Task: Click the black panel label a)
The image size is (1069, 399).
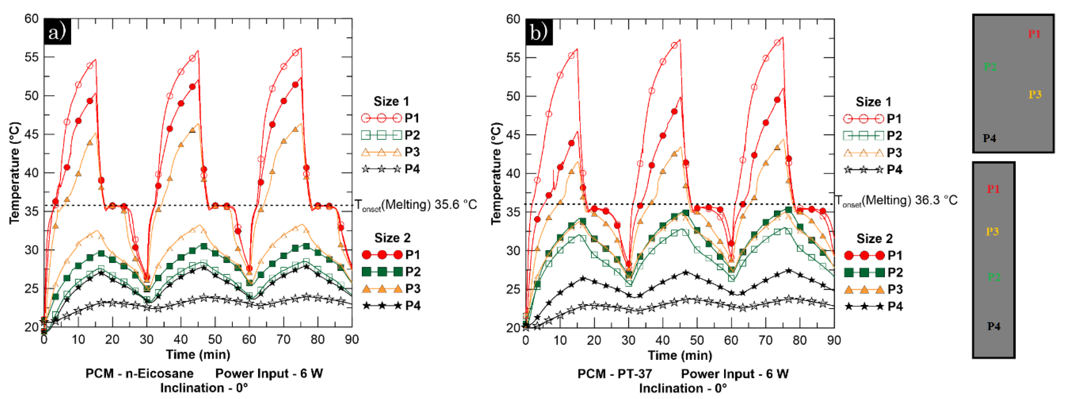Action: point(57,32)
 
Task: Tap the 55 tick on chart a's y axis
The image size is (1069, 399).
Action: point(32,57)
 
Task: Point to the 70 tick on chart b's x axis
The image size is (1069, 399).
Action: point(765,341)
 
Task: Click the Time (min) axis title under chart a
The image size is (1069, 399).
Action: point(198,354)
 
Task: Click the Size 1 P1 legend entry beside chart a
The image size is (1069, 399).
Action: point(390,118)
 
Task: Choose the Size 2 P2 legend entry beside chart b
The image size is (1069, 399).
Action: point(873,272)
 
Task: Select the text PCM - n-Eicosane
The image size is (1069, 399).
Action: point(139,373)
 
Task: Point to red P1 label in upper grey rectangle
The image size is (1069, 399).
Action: point(1034,34)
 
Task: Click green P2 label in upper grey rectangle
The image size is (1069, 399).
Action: point(990,66)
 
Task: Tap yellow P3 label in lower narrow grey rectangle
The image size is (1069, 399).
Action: point(992,231)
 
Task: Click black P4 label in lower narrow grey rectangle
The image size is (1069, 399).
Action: point(993,326)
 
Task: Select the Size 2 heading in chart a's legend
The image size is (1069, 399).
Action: point(392,238)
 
